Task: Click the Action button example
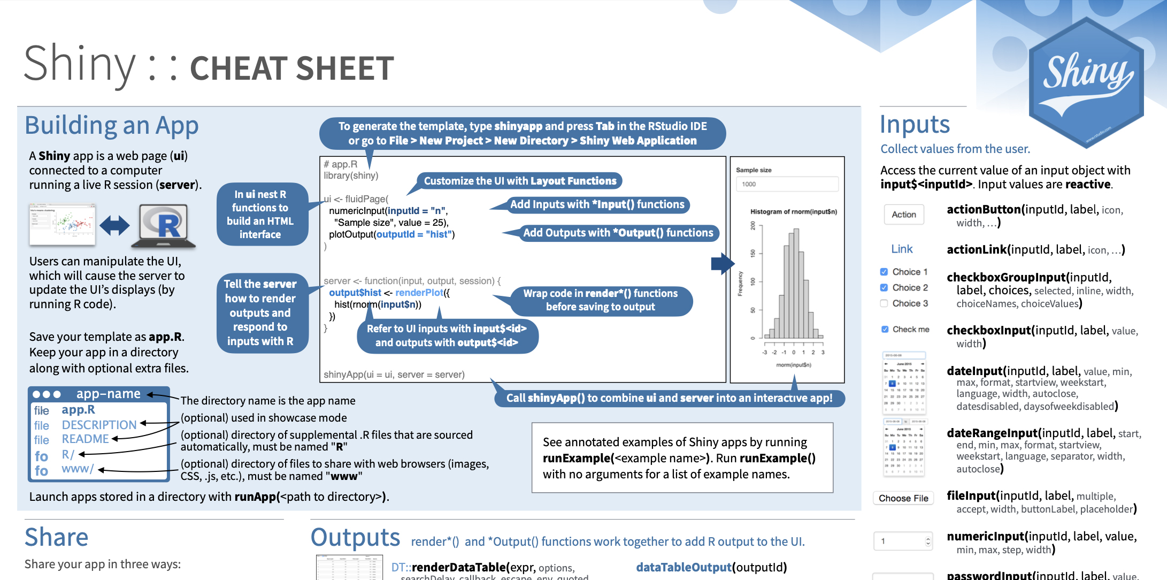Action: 904,215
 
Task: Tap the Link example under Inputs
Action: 902,249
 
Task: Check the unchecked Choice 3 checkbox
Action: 884,303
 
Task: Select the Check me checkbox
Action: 885,330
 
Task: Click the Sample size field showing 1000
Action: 787,184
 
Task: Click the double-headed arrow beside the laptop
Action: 114,225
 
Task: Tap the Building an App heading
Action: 112,126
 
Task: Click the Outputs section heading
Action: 355,538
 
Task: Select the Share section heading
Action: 57,537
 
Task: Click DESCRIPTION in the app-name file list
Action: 99,425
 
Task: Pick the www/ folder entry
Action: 78,469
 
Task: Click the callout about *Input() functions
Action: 597,204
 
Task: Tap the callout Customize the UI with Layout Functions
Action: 520,181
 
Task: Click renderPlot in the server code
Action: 419,293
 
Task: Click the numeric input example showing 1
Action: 903,541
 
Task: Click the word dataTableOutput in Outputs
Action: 684,567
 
